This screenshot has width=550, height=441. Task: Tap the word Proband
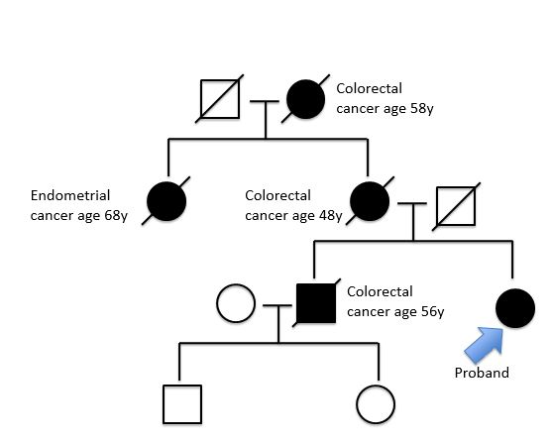tap(482, 373)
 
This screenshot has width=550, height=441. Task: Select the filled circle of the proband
tap(515, 308)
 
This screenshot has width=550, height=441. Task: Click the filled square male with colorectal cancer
tap(316, 303)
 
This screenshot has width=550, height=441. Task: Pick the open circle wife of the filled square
tap(236, 303)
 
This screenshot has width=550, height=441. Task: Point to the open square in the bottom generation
tap(182, 404)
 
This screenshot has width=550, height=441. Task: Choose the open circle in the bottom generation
tap(376, 404)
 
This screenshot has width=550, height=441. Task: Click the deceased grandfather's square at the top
tap(220, 99)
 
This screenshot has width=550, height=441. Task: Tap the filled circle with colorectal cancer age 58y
tap(305, 99)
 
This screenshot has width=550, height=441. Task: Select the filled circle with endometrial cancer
tap(166, 201)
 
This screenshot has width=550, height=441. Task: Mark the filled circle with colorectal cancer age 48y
tap(370, 201)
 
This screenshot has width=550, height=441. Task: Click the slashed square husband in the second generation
tap(456, 206)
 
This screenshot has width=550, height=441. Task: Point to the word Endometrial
tap(70, 195)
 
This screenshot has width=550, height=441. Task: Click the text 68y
tap(116, 215)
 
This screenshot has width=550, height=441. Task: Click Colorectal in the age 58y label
tap(369, 88)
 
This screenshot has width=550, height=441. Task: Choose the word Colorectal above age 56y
tap(380, 291)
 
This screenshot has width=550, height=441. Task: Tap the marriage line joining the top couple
tap(265, 101)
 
